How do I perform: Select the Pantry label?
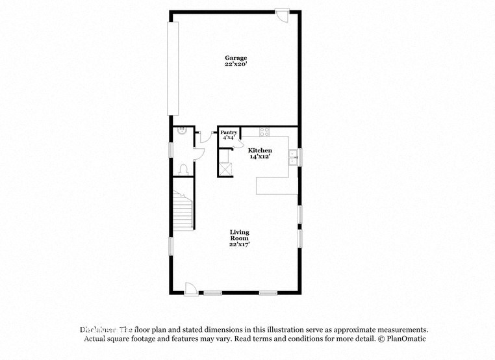pos(228,132)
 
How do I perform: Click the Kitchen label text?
pos(260,150)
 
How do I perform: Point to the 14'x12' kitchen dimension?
pos(260,157)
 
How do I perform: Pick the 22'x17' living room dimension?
pos(239,244)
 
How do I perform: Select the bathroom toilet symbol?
pos(185,170)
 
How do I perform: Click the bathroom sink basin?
pos(183,131)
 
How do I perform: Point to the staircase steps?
pos(183,211)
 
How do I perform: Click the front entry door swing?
pos(192,288)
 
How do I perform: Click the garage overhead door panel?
pos(173,68)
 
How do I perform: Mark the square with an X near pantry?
pos(226,168)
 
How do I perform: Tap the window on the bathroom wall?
pos(171,148)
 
